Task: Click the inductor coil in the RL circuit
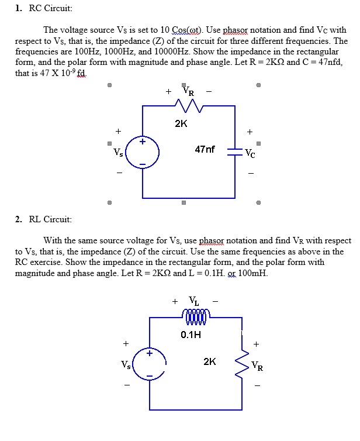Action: pos(196,317)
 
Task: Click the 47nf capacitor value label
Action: pos(205,149)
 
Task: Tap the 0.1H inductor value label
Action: pos(191,335)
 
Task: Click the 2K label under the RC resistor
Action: pos(181,123)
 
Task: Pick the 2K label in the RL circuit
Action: pos(210,361)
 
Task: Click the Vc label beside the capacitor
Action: pos(250,153)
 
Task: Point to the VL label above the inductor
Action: pos(194,301)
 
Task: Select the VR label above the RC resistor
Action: pos(189,91)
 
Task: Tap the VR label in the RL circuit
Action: pos(257,366)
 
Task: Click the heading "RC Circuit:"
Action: pos(51,8)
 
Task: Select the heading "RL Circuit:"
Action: pos(50,219)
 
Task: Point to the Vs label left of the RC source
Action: pos(118,153)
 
